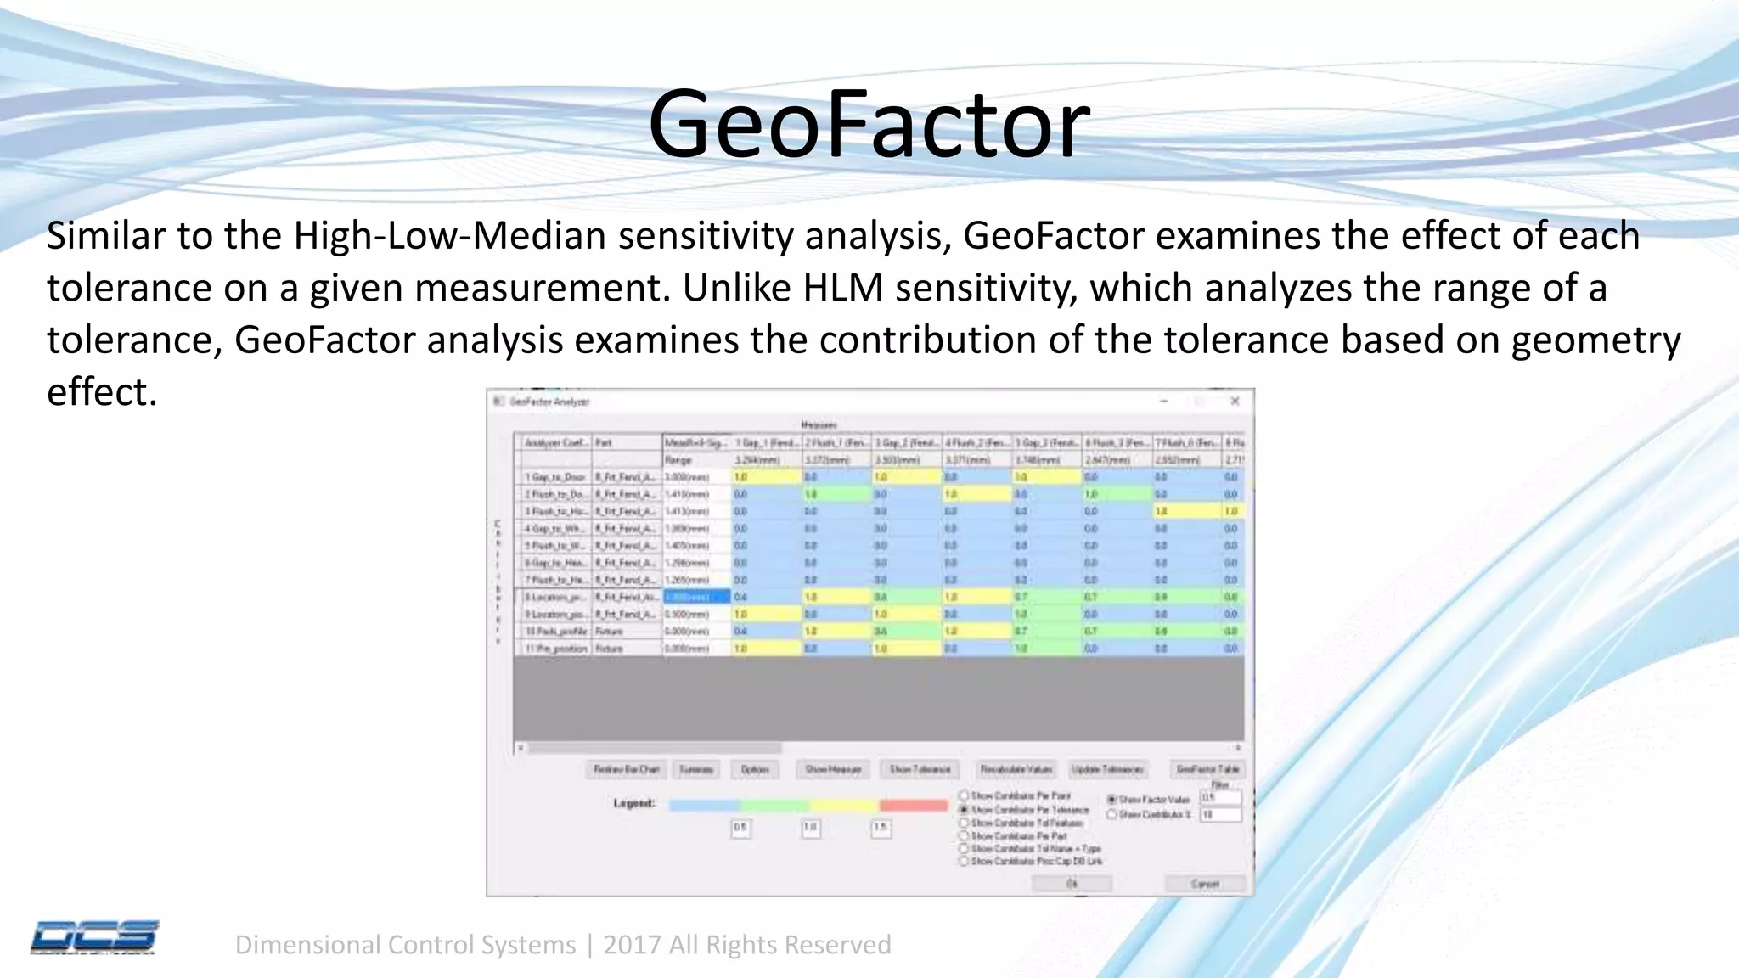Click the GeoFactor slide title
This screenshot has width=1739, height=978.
868,125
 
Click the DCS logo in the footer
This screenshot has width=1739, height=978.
94,936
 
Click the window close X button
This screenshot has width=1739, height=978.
1235,401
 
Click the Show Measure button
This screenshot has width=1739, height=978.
833,769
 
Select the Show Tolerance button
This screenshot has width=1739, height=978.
920,769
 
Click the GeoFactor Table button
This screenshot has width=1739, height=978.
1207,769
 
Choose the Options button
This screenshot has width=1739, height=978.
754,769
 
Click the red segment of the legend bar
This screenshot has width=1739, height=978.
913,805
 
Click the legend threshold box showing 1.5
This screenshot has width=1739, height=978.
881,828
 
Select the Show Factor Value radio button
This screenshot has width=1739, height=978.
1111,800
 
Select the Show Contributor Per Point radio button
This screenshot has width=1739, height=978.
964,795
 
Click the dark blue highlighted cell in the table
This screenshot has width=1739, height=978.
695,597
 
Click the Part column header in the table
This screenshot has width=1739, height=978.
605,443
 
